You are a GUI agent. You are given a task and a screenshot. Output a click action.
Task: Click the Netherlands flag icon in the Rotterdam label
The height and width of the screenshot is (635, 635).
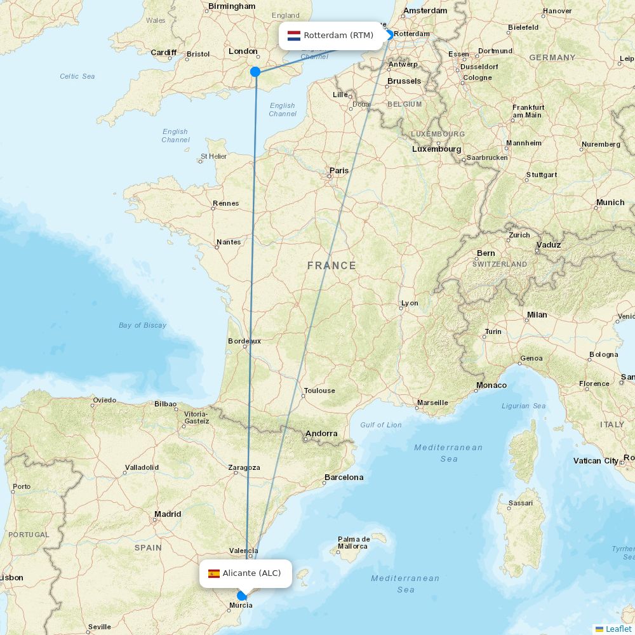click(x=294, y=36)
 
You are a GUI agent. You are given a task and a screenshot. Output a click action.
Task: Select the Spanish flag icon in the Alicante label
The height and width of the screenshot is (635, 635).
click(x=214, y=573)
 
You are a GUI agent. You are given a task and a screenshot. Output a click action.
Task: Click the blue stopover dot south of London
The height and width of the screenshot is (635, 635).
click(x=255, y=72)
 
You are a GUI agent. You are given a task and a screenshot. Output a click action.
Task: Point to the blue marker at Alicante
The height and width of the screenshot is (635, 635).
click(x=241, y=596)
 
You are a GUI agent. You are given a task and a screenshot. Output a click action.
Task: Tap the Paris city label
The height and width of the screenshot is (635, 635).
click(x=339, y=171)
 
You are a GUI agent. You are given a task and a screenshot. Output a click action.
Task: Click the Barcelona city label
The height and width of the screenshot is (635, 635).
click(x=344, y=477)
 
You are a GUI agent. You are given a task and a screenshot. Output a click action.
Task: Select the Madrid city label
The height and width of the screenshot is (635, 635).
click(x=168, y=514)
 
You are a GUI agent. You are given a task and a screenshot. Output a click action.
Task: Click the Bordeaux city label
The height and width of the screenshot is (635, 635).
click(x=244, y=341)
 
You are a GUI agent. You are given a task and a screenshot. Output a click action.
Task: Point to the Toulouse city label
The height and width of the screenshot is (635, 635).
click(x=319, y=391)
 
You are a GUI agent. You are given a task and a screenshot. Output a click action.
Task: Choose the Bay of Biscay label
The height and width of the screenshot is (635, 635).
click(x=142, y=325)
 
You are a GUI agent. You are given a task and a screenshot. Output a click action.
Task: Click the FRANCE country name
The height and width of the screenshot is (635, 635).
click(x=331, y=265)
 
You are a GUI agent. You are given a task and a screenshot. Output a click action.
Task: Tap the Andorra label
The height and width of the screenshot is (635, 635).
click(x=321, y=434)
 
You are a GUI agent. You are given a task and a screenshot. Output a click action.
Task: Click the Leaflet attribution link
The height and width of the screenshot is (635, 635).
click(x=618, y=629)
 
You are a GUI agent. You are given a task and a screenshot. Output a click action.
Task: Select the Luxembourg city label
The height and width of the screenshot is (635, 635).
click(x=436, y=149)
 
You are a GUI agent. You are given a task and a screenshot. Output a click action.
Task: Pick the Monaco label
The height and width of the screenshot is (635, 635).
click(x=491, y=385)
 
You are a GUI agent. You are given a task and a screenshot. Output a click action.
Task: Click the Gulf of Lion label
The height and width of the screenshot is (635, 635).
click(x=380, y=425)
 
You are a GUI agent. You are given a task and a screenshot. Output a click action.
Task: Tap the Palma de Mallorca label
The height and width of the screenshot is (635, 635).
click(x=354, y=542)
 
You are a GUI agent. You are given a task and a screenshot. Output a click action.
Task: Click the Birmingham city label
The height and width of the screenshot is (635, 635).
click(x=231, y=6)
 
